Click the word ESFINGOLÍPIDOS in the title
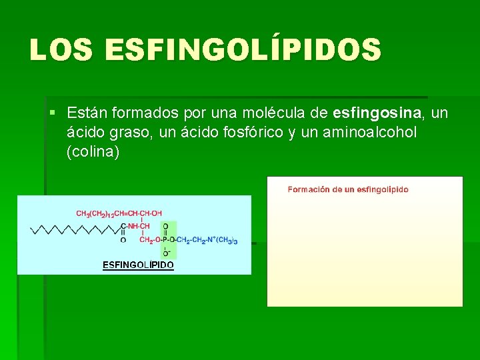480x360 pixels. [x=243, y=50]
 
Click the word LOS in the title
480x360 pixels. [x=61, y=50]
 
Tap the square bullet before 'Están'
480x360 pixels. [x=52, y=114]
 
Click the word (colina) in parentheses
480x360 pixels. [x=93, y=152]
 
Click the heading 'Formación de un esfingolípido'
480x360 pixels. [x=347, y=189]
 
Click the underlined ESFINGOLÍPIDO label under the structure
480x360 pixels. [x=138, y=265]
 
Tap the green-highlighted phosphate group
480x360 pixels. [x=166, y=239]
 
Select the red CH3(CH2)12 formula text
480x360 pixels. [x=96, y=213]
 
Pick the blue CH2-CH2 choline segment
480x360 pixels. [x=193, y=239]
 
